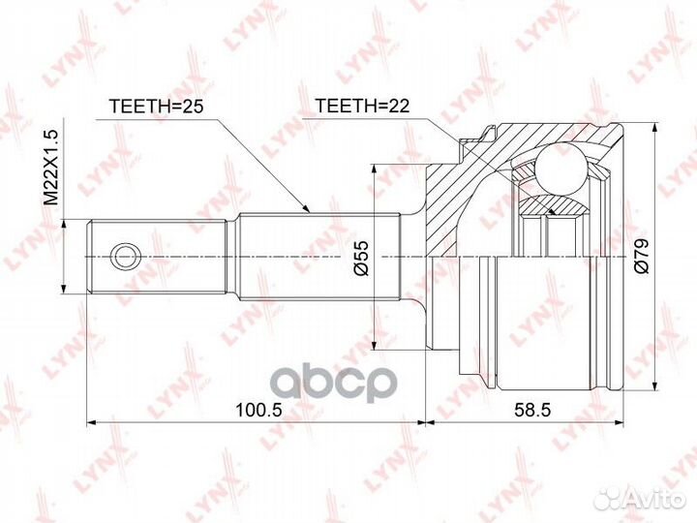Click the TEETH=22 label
(x=359, y=106)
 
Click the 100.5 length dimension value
(x=258, y=409)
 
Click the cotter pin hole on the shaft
(x=123, y=256)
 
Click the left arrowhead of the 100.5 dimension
(x=93, y=422)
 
